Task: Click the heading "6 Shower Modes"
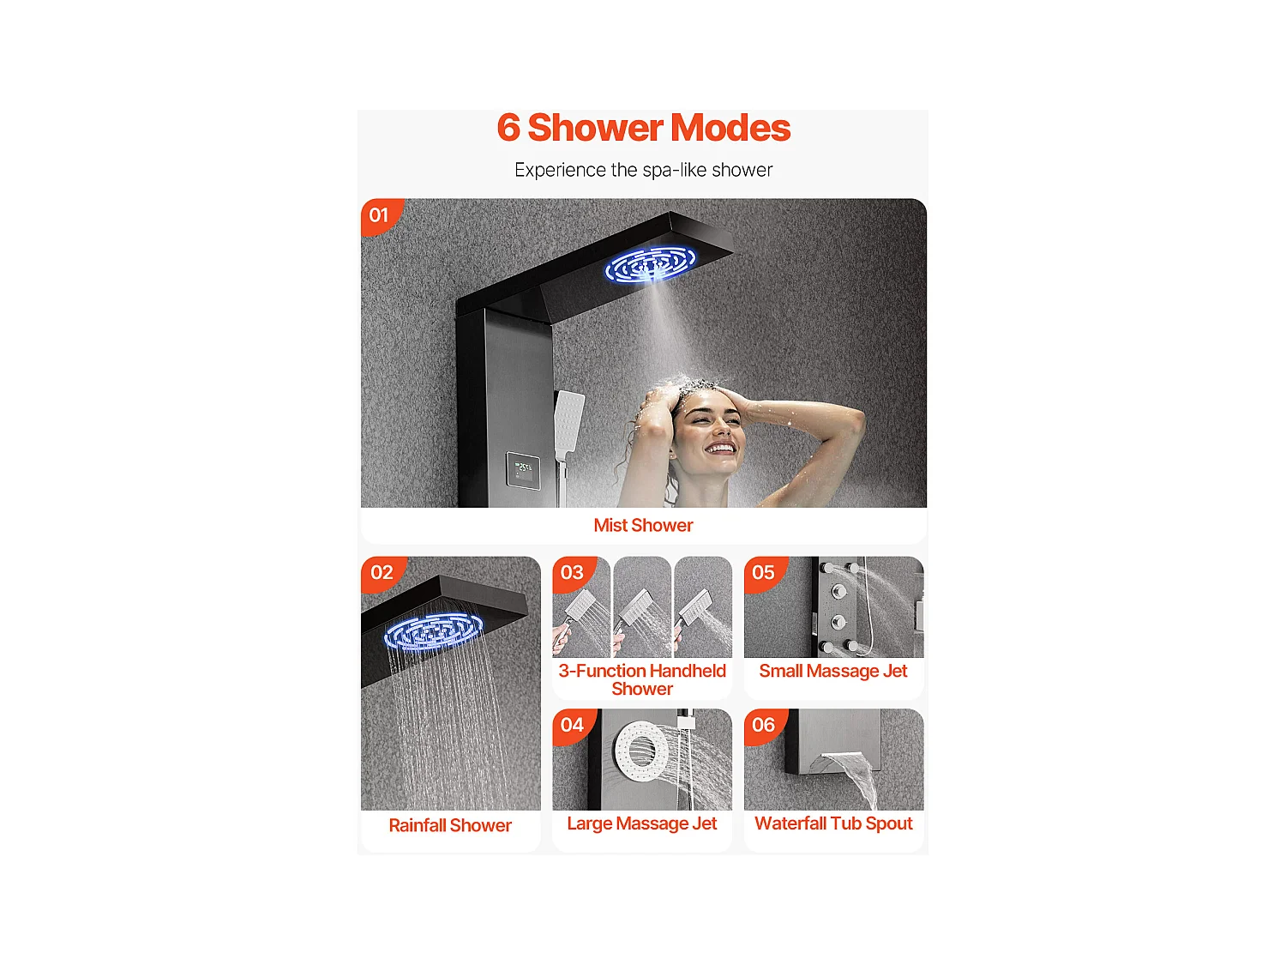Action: click(643, 129)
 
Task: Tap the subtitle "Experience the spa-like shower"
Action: click(643, 170)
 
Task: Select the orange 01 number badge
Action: click(379, 215)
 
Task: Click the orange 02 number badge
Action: click(382, 572)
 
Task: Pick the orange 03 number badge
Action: click(572, 572)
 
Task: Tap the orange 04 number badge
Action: click(572, 725)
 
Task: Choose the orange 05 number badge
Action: click(763, 572)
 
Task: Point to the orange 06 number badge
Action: click(763, 725)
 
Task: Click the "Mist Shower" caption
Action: click(643, 525)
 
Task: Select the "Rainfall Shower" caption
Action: click(450, 825)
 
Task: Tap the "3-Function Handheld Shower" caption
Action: click(642, 679)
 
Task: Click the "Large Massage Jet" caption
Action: click(642, 823)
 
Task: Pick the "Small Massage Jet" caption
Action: click(833, 671)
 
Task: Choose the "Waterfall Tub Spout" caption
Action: click(833, 823)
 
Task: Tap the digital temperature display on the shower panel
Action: click(523, 469)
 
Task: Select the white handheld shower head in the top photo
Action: click(568, 420)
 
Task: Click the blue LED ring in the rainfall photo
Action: click(433, 632)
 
